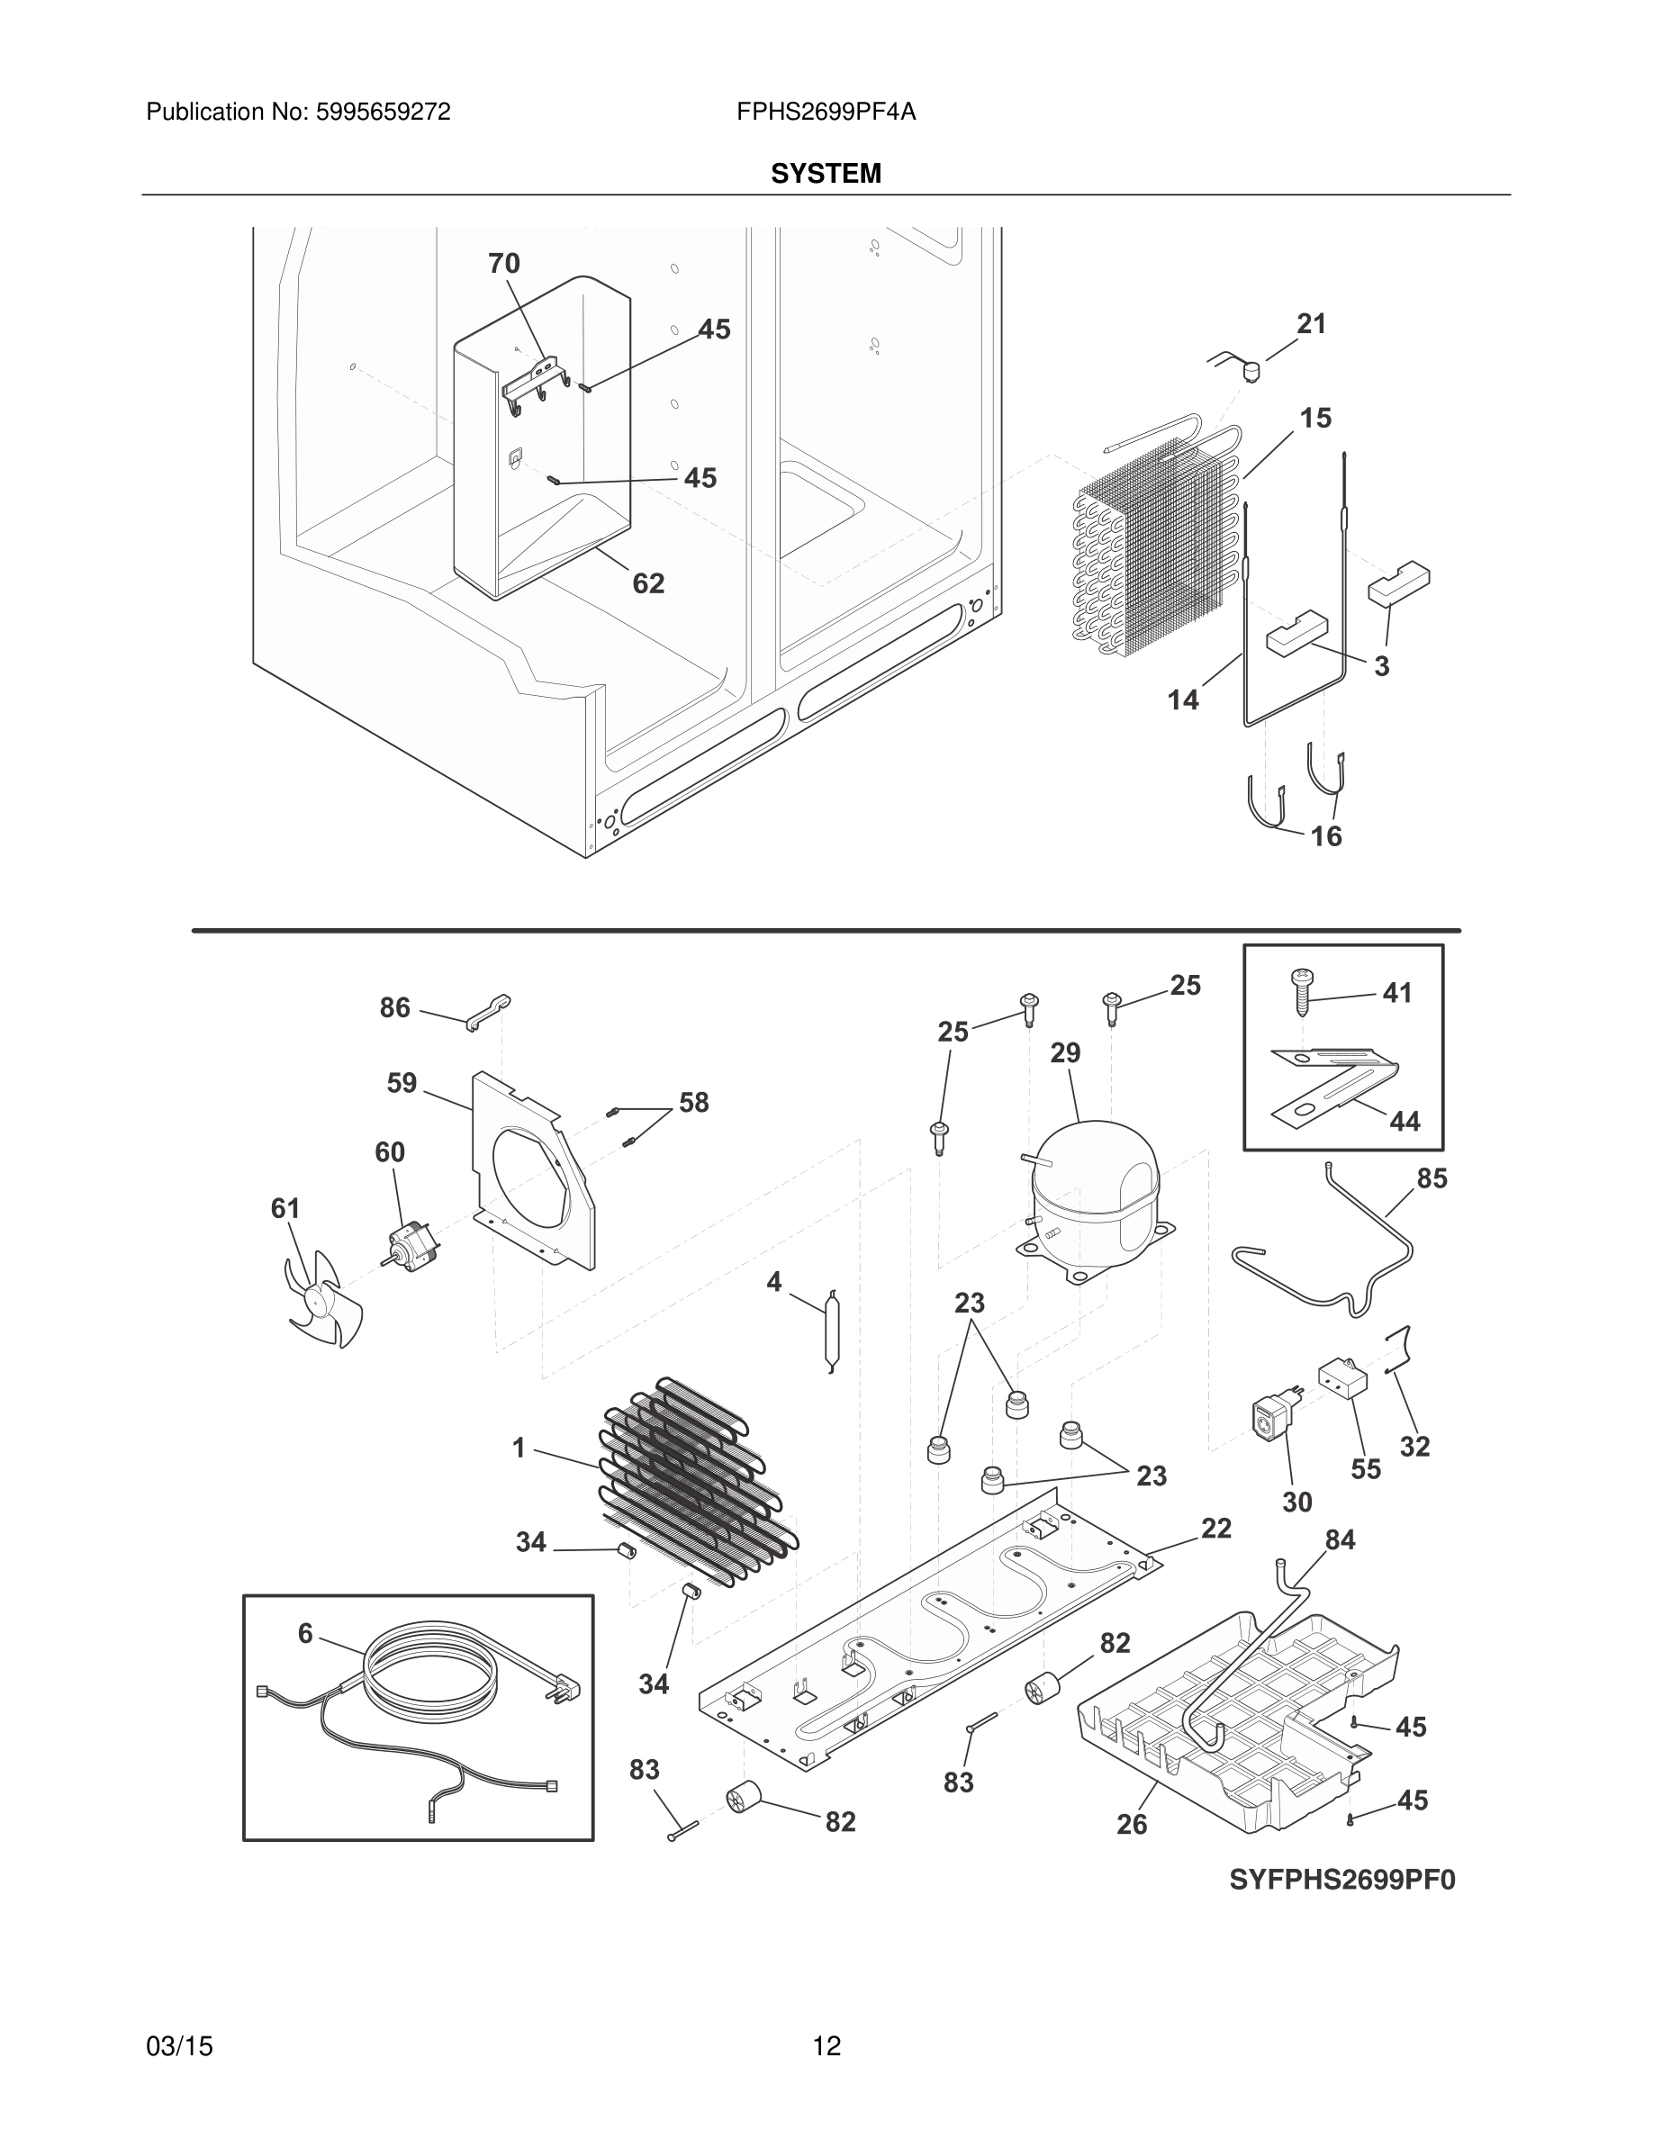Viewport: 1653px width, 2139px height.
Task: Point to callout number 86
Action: (x=394, y=1007)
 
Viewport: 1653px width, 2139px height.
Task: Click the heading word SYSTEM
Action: (x=826, y=174)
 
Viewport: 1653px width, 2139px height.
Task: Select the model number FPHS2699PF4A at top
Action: (x=826, y=113)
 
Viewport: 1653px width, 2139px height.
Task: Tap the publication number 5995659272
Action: (x=382, y=113)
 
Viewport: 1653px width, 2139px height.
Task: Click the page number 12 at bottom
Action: (x=826, y=2046)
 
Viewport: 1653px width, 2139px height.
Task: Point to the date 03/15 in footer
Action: (x=179, y=2046)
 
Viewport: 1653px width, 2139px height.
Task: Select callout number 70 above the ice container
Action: (x=503, y=264)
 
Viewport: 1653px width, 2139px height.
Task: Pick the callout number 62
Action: (x=648, y=583)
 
